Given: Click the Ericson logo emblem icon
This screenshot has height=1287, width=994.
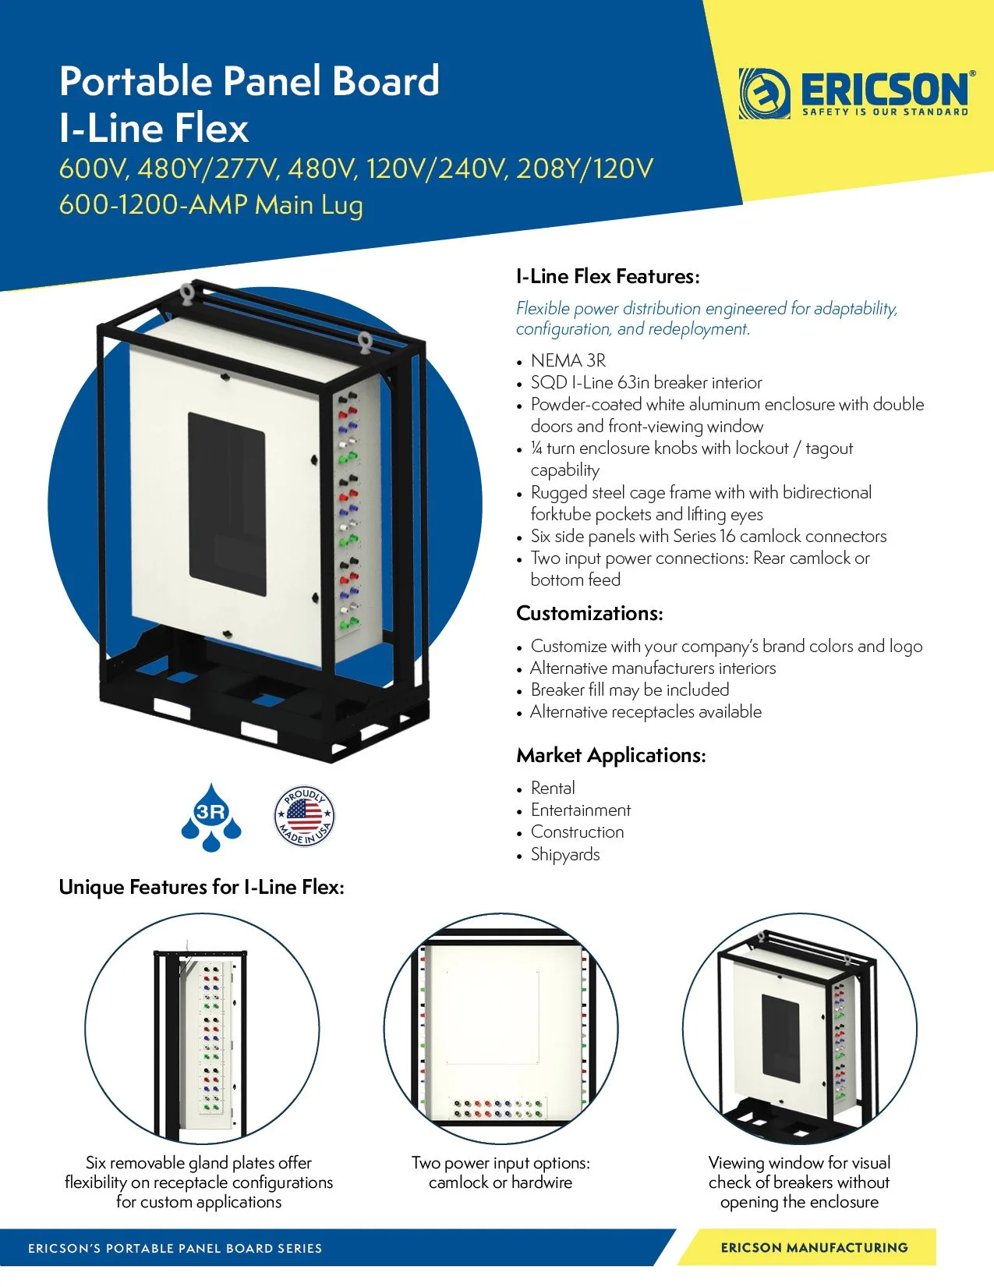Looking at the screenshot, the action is point(764,94).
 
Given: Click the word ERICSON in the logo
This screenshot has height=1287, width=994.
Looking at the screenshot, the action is point(884,89).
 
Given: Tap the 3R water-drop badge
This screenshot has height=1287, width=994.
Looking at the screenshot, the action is point(211,817).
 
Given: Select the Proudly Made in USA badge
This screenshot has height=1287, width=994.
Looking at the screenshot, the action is point(304,816).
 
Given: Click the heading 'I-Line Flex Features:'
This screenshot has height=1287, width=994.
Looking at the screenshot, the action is point(607,276).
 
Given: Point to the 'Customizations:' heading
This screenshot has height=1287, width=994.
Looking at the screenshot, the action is point(589,613).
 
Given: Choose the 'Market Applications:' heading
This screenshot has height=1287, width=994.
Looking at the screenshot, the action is point(610,755).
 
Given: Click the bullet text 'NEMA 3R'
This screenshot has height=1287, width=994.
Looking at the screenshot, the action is point(568,360).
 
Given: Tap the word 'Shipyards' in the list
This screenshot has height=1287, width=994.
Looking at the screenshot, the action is point(565,854).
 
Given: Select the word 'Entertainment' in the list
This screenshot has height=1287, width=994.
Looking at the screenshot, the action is point(581,810).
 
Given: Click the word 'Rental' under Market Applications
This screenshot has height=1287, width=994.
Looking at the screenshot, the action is point(553,788).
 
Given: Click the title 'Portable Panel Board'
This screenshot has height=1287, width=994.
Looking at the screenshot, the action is point(249,81).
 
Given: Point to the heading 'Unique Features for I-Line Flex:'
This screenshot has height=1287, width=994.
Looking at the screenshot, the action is point(201,887).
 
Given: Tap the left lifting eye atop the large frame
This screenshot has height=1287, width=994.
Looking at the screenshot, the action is point(188,294).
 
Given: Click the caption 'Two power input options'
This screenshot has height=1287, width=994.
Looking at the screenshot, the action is point(501,1163).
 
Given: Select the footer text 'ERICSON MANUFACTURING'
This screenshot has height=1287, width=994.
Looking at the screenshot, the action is point(814,1247).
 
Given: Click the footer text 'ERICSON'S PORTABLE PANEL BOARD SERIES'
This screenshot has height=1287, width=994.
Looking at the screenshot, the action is point(175,1248).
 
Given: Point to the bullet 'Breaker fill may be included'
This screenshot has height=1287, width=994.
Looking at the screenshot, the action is point(630,690).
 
